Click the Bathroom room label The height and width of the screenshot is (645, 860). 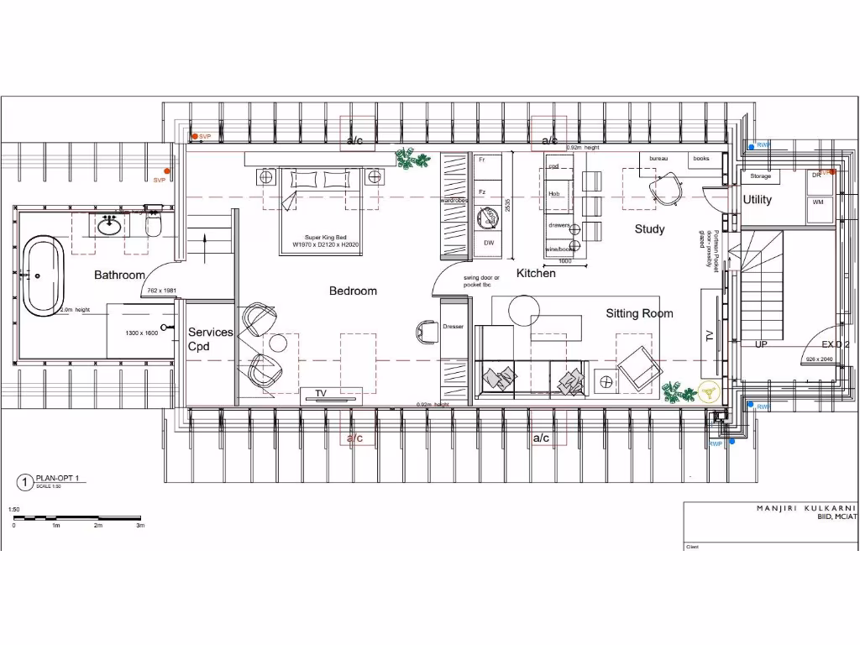(x=119, y=275)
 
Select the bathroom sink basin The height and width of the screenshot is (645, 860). (x=107, y=225)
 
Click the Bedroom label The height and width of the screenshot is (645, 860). (x=353, y=291)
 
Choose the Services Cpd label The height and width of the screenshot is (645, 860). (x=210, y=338)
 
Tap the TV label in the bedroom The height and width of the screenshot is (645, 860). (x=321, y=393)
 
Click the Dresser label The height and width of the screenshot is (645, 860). (x=453, y=326)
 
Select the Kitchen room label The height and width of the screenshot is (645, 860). (x=536, y=273)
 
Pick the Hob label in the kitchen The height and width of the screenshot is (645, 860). (x=554, y=194)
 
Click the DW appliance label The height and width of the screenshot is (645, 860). (x=488, y=243)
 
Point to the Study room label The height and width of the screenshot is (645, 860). (x=649, y=228)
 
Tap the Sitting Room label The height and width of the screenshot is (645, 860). (x=639, y=313)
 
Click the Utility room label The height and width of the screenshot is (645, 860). (x=757, y=200)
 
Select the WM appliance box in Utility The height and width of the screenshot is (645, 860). (x=817, y=202)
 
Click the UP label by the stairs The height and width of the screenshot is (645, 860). (x=761, y=344)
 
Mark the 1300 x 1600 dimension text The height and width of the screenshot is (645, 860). (x=142, y=333)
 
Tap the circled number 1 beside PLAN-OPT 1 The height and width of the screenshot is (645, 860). (x=24, y=482)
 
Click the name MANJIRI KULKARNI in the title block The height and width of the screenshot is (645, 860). (x=805, y=508)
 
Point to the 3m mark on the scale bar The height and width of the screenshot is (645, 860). (x=140, y=526)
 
